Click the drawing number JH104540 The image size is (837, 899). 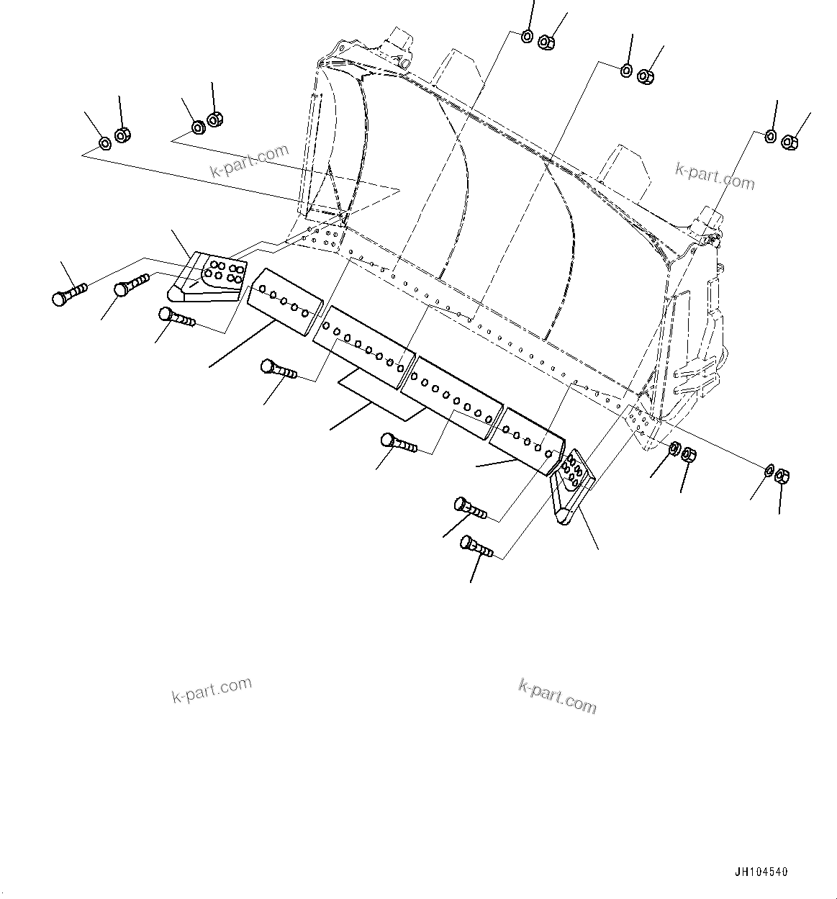(x=761, y=872)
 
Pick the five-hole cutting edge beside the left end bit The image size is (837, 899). (x=284, y=301)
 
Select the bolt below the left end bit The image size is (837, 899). (x=176, y=317)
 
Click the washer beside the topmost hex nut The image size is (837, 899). (x=527, y=36)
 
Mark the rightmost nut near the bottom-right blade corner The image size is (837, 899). (x=783, y=476)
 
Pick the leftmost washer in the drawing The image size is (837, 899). (x=104, y=143)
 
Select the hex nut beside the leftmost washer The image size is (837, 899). (x=122, y=135)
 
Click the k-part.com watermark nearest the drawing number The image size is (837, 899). (x=558, y=695)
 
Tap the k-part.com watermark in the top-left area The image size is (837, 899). (x=249, y=161)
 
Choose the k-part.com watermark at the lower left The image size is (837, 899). (x=212, y=690)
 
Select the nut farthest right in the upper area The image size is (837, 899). (x=789, y=143)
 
